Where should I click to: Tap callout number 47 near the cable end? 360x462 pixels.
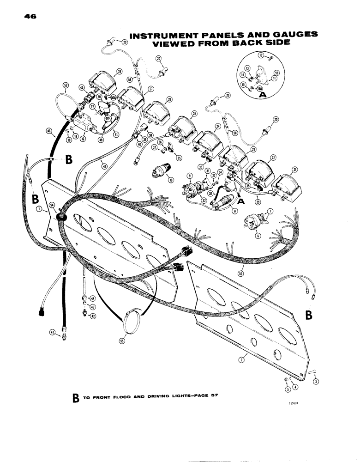(52, 332)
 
